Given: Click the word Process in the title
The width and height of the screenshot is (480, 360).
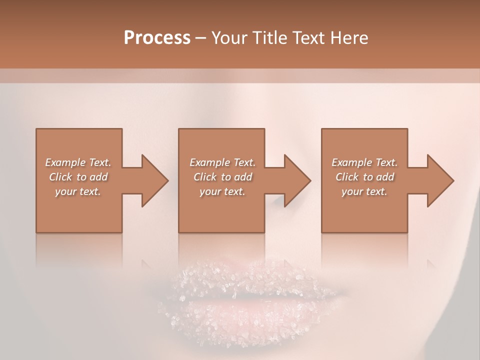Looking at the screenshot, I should click(157, 38).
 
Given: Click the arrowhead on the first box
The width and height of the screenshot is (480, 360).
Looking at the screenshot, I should click(155, 180).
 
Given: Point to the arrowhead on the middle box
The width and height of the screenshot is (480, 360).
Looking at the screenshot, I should click(297, 180).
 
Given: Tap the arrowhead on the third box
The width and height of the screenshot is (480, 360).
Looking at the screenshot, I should click(440, 180).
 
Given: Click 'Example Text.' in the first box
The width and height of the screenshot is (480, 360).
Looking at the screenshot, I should click(78, 162).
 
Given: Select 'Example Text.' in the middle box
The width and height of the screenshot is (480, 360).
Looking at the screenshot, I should click(222, 162).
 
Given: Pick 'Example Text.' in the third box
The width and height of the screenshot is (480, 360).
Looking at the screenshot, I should click(364, 162).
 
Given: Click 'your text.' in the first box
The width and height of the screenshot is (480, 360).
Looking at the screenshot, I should click(78, 191).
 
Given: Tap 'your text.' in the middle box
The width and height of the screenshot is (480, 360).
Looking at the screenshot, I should click(222, 191).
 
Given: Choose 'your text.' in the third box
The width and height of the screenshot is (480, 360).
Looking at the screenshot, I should click(364, 191).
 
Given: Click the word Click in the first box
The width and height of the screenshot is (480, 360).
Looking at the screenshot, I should click(61, 177).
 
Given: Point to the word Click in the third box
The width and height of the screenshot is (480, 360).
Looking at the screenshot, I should click(347, 177).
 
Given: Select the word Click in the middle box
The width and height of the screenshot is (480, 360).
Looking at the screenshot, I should click(205, 177).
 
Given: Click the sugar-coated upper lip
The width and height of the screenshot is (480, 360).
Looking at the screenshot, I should click(240, 282).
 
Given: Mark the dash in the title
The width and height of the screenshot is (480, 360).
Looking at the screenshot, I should click(200, 38).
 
